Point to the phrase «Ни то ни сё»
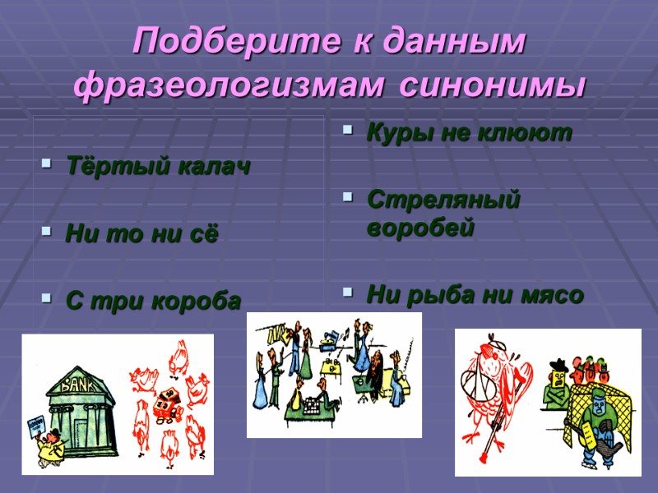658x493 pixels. (x=141, y=235)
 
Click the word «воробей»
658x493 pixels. (x=420, y=228)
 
